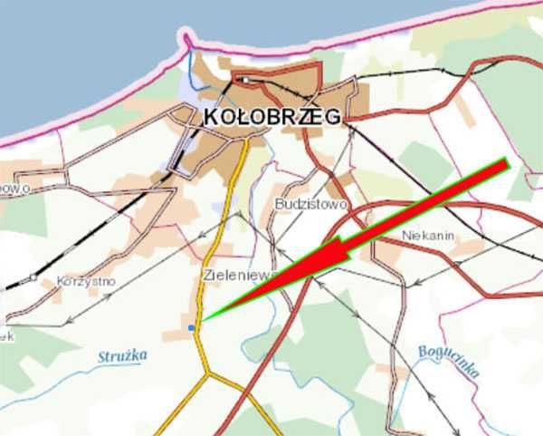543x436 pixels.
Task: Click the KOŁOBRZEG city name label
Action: click(272, 117)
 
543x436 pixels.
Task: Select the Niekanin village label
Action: click(425, 236)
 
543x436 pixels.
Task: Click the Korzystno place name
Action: click(85, 281)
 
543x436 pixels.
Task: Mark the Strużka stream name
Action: click(122, 356)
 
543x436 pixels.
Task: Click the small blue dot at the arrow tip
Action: click(190, 327)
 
